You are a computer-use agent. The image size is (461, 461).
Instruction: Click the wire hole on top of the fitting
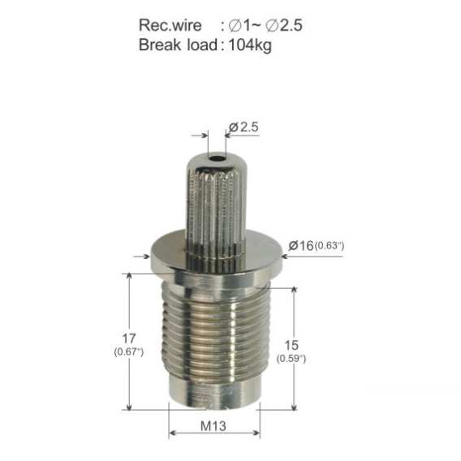coord(217,159)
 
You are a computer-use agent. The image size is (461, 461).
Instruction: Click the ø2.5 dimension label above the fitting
coord(243,127)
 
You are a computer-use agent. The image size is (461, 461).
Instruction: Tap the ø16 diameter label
coord(301,245)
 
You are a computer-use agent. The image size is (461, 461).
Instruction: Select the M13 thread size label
coord(213,426)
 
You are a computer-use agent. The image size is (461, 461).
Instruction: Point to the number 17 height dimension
coord(129,338)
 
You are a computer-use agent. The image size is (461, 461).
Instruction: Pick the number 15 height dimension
coord(291,345)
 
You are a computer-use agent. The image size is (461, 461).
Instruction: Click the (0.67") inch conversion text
coord(129,352)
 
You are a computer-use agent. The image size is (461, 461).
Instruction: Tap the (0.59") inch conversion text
coord(291,359)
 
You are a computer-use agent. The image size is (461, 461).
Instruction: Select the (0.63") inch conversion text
coord(330,245)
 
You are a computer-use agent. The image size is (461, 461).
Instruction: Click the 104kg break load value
coord(250,45)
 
